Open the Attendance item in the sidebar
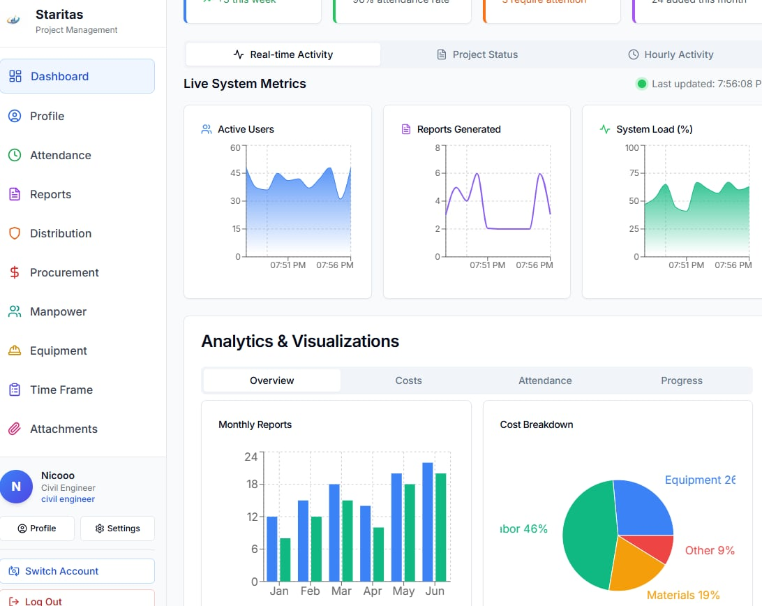point(60,155)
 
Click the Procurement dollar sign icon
point(15,272)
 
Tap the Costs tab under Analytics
point(408,380)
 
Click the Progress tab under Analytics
point(681,380)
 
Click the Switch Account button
point(77,571)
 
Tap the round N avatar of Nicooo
point(17,487)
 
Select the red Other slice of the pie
point(656,549)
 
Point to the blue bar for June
point(428,522)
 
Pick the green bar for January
point(285,559)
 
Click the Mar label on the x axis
point(341,591)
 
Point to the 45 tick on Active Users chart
point(235,173)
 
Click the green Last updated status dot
point(641,84)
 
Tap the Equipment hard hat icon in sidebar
point(15,350)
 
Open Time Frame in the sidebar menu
point(61,390)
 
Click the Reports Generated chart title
point(458,129)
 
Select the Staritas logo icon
point(14,20)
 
